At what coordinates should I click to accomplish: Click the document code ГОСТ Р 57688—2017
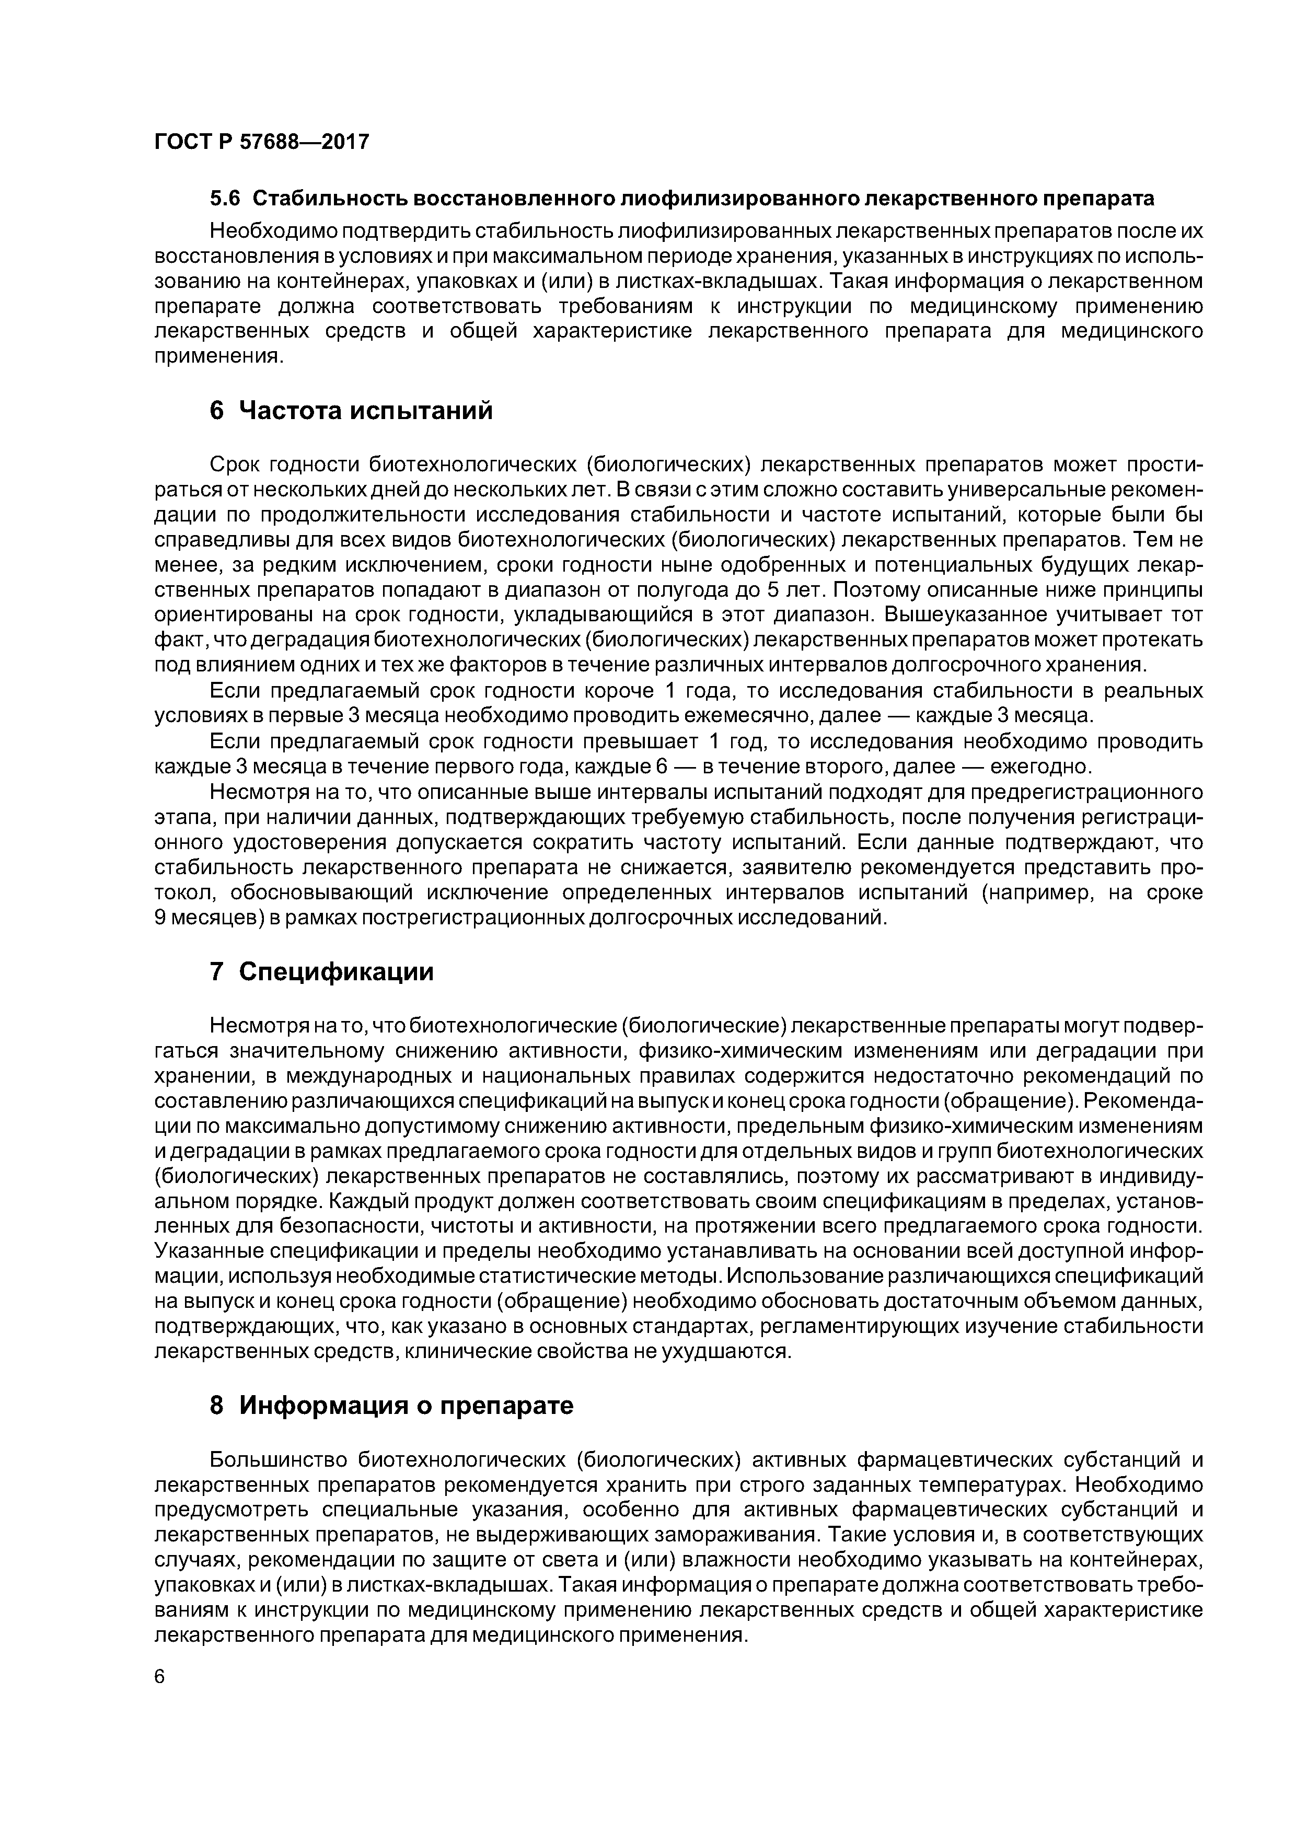262,142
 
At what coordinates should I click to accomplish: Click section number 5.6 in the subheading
224,198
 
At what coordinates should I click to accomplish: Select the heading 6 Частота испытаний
351,410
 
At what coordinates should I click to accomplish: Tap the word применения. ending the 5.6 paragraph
219,356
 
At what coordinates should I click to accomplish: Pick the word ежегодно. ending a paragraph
1040,767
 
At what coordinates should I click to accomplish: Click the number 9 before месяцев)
159,918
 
